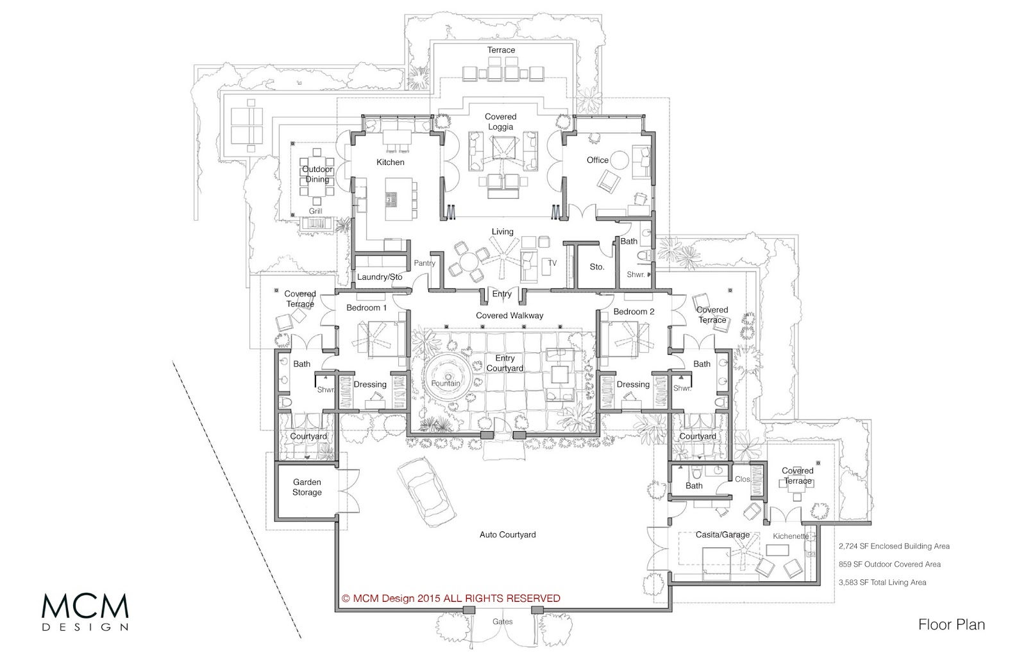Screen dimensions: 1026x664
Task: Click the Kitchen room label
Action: tap(391, 162)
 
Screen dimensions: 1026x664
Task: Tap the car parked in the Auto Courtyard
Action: tap(426, 492)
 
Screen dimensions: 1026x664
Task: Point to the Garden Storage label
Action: tap(307, 487)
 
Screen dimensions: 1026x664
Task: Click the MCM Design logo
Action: tap(85, 612)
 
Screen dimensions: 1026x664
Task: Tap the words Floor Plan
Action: tap(952, 625)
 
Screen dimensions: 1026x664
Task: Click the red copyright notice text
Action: tap(451, 598)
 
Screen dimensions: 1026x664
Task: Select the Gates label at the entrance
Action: tap(503, 622)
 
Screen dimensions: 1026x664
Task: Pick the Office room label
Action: tap(598, 160)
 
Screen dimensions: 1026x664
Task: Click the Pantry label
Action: tap(425, 263)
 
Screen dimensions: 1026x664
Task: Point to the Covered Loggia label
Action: tap(501, 122)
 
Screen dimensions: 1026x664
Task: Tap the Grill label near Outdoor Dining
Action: tap(315, 211)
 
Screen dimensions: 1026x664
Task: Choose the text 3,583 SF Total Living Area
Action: tap(882, 583)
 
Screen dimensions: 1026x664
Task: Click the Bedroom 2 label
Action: tap(634, 312)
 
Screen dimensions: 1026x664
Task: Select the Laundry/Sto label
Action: tap(380, 277)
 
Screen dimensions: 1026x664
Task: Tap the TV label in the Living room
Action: tap(552, 263)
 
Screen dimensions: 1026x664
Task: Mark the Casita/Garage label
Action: tap(723, 535)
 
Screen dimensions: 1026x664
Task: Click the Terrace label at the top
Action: tap(501, 50)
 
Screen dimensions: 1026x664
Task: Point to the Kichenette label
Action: tap(791, 536)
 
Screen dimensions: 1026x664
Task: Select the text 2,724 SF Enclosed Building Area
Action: tap(894, 546)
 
